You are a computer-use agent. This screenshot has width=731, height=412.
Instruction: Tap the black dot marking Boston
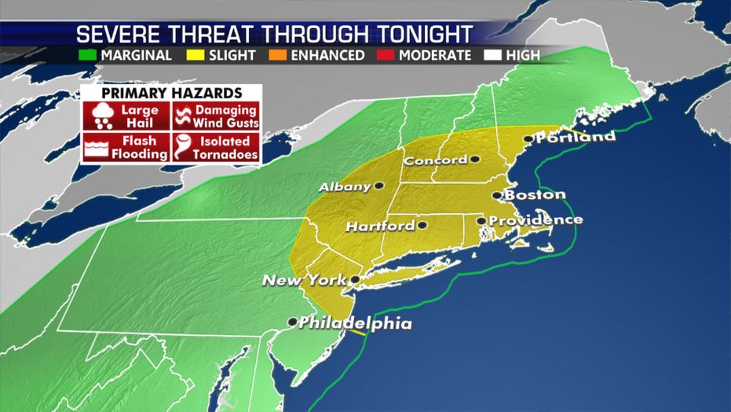click(x=496, y=196)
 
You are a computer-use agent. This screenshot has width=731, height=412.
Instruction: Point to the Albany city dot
click(x=379, y=186)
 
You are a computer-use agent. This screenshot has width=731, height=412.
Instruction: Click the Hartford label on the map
click(x=379, y=226)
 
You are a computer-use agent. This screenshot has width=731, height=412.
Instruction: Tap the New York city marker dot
click(x=354, y=279)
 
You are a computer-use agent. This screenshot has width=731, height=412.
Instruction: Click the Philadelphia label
click(x=355, y=322)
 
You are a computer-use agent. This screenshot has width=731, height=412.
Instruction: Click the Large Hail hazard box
click(x=126, y=116)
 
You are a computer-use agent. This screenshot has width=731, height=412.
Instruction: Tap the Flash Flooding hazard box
click(x=126, y=147)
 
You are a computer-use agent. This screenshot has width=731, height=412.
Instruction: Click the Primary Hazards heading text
click(x=170, y=92)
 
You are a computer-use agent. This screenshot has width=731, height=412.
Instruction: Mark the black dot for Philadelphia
click(x=292, y=322)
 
